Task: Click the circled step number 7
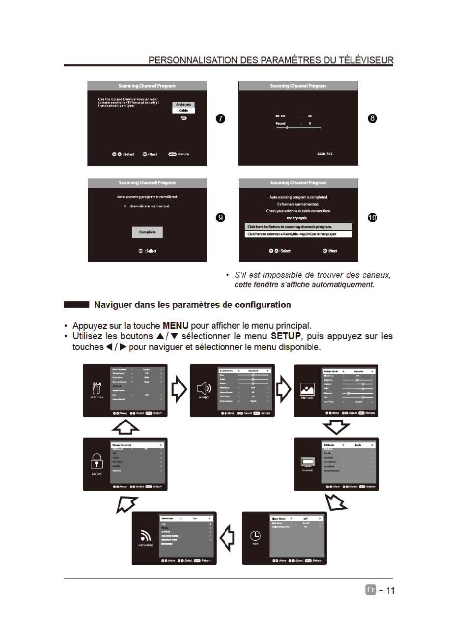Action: click(x=221, y=118)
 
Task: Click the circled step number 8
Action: click(x=372, y=118)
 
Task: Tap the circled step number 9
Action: click(x=221, y=217)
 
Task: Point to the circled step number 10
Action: click(x=372, y=217)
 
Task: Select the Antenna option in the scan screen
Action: click(x=184, y=105)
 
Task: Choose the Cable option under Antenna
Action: click(x=184, y=111)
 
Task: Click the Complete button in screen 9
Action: click(x=147, y=232)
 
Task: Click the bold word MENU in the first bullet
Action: click(x=175, y=326)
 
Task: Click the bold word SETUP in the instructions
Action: click(x=284, y=337)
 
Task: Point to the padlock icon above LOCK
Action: click(x=96, y=461)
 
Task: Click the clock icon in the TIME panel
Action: click(x=255, y=536)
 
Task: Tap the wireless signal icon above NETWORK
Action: click(x=145, y=535)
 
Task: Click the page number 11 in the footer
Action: click(x=390, y=590)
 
